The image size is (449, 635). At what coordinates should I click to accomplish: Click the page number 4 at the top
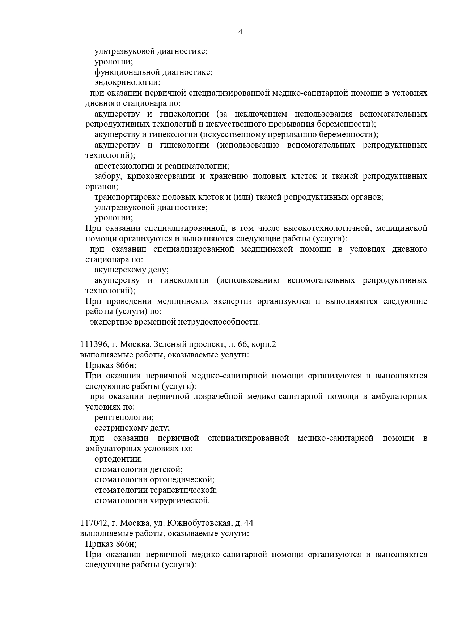pyautogui.click(x=240, y=32)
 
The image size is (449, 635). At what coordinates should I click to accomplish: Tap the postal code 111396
pyautogui.click(x=93, y=344)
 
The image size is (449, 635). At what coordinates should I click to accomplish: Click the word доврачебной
pyautogui.click(x=217, y=397)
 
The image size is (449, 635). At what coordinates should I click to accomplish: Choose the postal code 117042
pyautogui.click(x=93, y=523)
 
